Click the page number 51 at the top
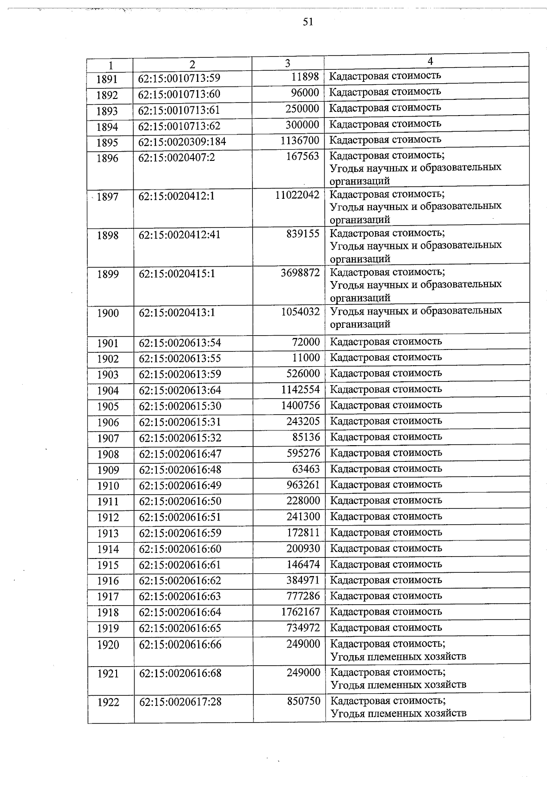[308, 22]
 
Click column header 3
[288, 63]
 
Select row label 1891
[107, 80]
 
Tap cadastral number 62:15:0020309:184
[182, 142]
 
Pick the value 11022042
[297, 195]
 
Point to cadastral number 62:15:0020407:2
[177, 158]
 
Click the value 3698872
[300, 273]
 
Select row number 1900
[108, 313]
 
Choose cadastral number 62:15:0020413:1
[177, 313]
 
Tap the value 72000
[306, 342]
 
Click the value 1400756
[300, 405]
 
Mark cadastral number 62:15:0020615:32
[180, 438]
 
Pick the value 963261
[303, 485]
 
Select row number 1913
[108, 534]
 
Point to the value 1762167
[300, 612]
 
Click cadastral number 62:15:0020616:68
[180, 673]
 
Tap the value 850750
[303, 701]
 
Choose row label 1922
[108, 703]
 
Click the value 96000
[305, 93]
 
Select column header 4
[430, 61]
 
